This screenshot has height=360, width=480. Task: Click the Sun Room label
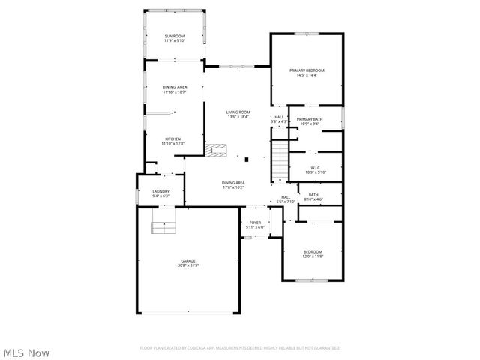coord(175,38)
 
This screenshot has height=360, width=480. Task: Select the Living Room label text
coord(238,115)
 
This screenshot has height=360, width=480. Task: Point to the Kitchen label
coord(173,141)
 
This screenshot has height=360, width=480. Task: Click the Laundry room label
coord(161,193)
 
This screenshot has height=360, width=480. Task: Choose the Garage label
coord(187,263)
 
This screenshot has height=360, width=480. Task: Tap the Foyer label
coord(256,224)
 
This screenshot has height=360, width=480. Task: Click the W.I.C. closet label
coord(315,169)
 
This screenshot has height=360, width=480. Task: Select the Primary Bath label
coord(309,121)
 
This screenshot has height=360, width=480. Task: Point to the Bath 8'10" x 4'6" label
coord(313,197)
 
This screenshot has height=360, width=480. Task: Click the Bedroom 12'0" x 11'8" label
coord(313,253)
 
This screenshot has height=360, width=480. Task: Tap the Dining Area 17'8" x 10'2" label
coord(233,185)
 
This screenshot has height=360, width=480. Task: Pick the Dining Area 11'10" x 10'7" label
coord(175,90)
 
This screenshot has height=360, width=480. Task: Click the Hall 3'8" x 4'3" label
coord(279,119)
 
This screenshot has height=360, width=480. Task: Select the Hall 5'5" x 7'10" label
coord(286,199)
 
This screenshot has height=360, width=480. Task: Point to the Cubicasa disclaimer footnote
coord(240,348)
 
